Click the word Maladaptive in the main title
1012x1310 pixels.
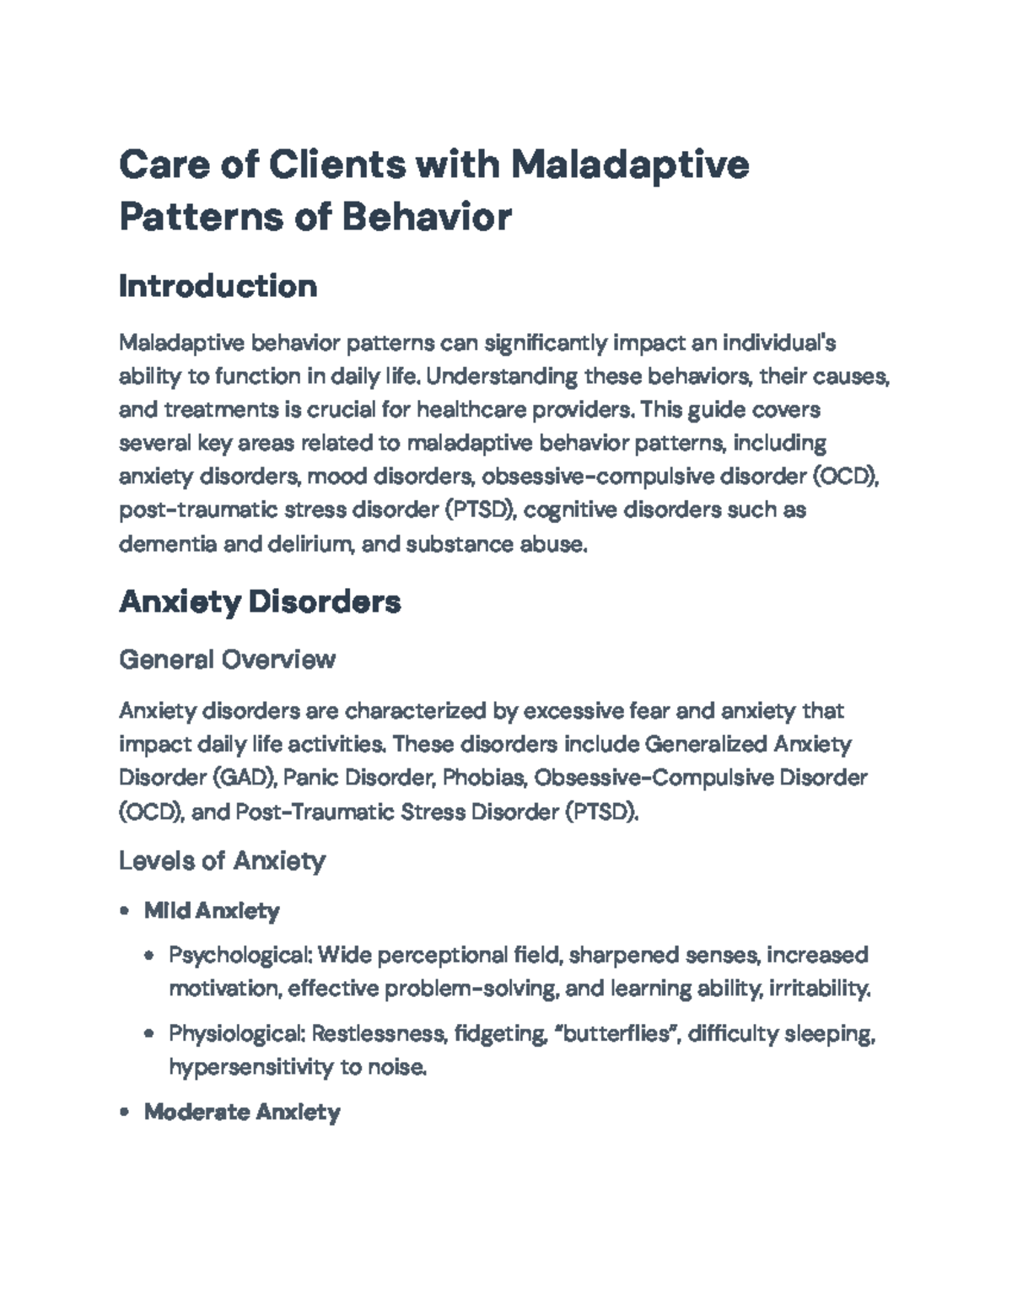coord(629,164)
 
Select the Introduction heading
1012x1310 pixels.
coord(218,286)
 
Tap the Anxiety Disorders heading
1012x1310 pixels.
coord(260,601)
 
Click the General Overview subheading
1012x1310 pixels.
coord(227,659)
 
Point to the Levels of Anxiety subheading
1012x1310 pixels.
coord(222,860)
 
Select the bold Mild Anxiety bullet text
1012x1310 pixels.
coord(212,911)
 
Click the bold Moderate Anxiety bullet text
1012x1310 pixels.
coord(242,1112)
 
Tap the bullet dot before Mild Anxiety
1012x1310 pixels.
coord(125,911)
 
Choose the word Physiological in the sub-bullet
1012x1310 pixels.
coord(235,1033)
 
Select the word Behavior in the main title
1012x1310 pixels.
coord(426,217)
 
